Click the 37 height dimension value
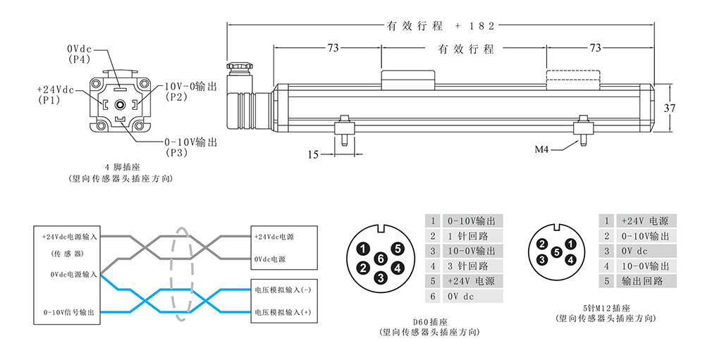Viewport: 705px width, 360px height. [670, 108]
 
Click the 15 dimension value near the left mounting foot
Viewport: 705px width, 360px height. [314, 154]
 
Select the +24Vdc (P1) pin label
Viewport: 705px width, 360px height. [56, 95]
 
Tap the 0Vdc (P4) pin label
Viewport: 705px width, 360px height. [80, 54]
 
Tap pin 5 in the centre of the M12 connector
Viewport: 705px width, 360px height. [556, 252]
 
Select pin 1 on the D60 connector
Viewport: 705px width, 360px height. [362, 248]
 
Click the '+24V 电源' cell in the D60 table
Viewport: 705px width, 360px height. [472, 281]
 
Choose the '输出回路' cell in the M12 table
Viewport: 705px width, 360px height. [639, 281]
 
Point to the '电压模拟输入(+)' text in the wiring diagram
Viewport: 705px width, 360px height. [282, 312]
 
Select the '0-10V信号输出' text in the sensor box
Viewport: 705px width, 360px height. [68, 312]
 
